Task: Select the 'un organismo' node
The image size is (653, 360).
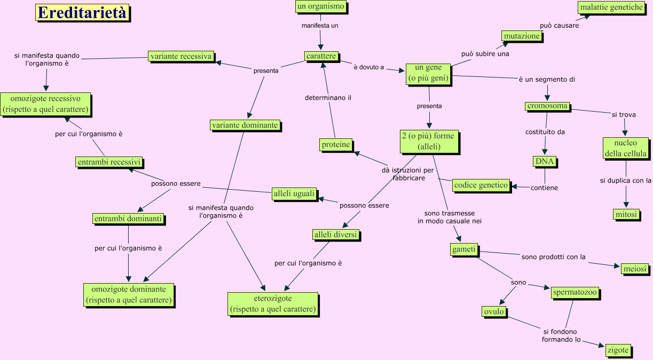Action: point(320,7)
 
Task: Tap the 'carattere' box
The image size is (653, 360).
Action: point(321,56)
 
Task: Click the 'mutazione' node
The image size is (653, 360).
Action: point(522,36)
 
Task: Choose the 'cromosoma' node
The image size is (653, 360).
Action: point(547,106)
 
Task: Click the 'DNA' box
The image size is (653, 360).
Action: point(545,161)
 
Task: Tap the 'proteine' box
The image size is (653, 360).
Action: point(336,144)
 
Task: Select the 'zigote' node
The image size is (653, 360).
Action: point(618,350)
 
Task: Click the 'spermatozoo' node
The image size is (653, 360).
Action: point(575,293)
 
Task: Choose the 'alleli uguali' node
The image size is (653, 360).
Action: point(294,194)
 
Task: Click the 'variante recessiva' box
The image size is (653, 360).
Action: point(181,56)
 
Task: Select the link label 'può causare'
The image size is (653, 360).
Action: point(559,25)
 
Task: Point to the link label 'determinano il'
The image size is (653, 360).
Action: point(328,98)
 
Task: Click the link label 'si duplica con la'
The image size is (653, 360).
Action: point(625,181)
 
